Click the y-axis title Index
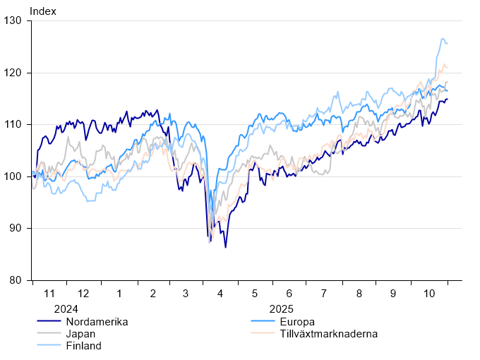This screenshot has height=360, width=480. [42, 11]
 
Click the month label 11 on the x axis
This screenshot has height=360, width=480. [49, 293]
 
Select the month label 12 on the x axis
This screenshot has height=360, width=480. [83, 293]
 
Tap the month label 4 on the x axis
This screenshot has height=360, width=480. [220, 293]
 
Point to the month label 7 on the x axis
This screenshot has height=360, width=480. [324, 293]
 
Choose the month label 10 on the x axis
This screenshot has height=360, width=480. [428, 293]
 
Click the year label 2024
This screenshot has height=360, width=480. [66, 309]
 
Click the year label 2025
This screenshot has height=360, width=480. [281, 309]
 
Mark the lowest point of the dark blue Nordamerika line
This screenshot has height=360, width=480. [226, 247]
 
